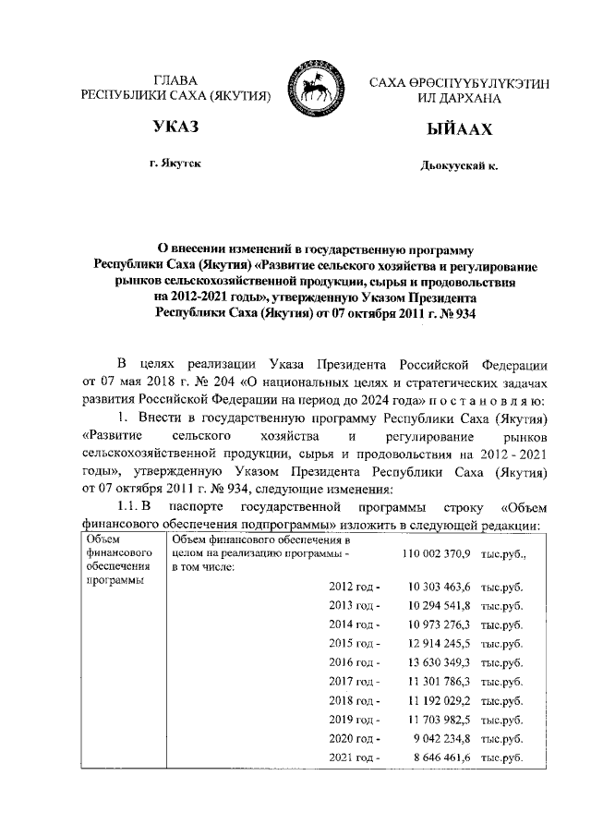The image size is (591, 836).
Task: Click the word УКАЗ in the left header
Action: point(175,126)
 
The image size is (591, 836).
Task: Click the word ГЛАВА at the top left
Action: point(175,81)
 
